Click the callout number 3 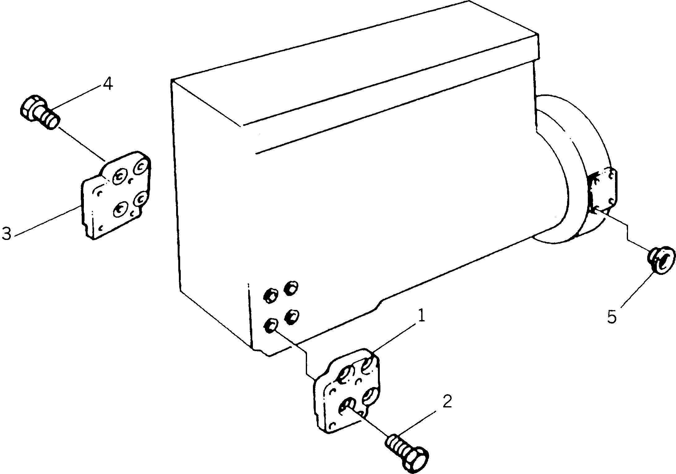click(6, 233)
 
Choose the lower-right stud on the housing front click(292, 316)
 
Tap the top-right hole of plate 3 click(141, 167)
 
